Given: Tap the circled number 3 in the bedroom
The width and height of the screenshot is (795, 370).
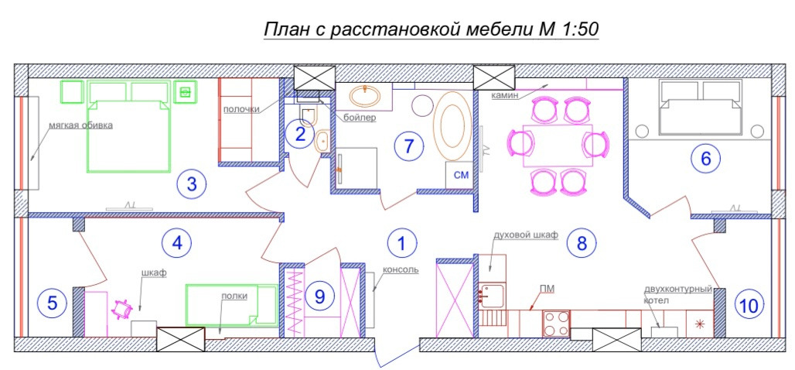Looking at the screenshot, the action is [x=192, y=183].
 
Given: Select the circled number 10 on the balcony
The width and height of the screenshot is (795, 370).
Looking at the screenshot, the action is [x=749, y=306].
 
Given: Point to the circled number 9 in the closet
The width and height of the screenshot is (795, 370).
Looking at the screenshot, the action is [x=319, y=296].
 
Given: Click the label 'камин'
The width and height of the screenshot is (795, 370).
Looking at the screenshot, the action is [x=503, y=95].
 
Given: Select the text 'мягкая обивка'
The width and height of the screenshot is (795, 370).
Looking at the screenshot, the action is [x=80, y=125].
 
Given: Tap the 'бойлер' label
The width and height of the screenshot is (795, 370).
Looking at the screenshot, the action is [x=360, y=118].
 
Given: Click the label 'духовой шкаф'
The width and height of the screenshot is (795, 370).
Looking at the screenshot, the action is [x=526, y=235].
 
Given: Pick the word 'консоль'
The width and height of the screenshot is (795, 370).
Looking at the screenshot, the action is [x=401, y=269].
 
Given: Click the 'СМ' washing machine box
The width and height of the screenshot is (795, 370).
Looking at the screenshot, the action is [x=460, y=176].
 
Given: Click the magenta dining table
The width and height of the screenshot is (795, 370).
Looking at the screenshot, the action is [x=558, y=146].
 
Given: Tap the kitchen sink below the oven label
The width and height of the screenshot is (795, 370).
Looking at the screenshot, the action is [x=491, y=296].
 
